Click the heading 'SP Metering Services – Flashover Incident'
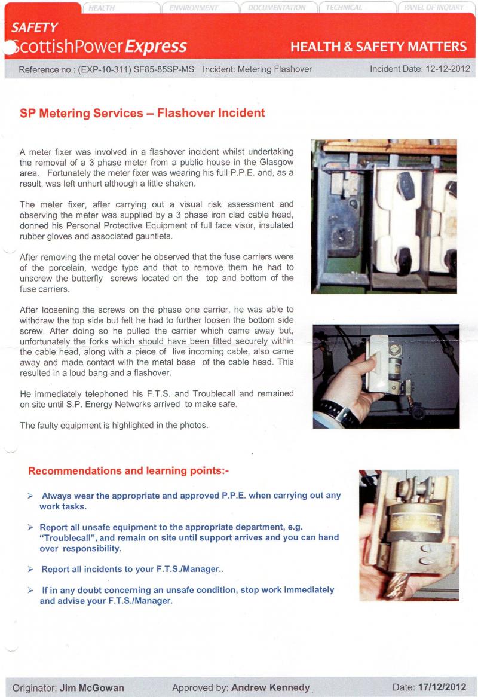(x=142, y=112)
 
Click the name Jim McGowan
(x=92, y=687)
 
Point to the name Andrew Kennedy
(x=270, y=687)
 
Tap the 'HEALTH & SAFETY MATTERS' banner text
(x=378, y=47)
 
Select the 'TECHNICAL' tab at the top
(x=344, y=8)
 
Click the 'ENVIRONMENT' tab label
(x=194, y=8)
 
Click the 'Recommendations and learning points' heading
(x=128, y=471)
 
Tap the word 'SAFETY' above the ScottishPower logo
(x=35, y=27)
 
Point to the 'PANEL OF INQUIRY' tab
(x=434, y=8)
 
